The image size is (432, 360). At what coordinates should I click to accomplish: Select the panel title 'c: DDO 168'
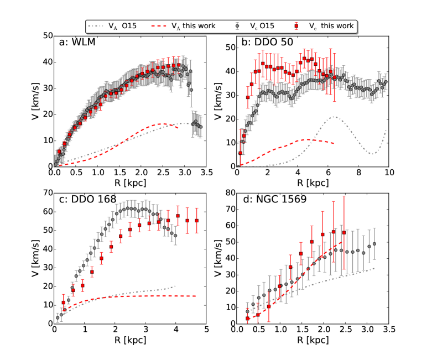point(89,200)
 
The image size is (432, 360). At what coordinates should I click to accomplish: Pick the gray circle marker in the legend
point(237,26)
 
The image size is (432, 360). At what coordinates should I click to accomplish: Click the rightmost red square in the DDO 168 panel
point(196,221)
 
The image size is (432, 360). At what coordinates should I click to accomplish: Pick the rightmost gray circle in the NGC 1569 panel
point(374,244)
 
